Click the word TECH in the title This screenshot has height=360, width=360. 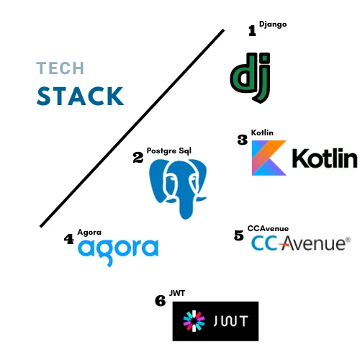click(60, 68)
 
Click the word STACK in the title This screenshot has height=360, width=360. click(80, 96)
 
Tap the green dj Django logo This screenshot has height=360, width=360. click(251, 78)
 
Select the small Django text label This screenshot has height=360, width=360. click(273, 24)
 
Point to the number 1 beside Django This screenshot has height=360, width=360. click(252, 31)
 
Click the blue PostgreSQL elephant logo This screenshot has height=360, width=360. click(178, 189)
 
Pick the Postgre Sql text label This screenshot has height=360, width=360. click(169, 151)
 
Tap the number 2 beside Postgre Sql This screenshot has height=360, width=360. click(138, 158)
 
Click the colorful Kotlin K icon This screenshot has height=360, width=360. click(269, 158)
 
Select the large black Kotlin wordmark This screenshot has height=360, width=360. click(325, 158)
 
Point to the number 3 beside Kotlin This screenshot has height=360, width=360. click(243, 140)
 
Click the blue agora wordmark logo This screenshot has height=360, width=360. click(118, 251)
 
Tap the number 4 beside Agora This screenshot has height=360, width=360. click(69, 239)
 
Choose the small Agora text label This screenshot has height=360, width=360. click(89, 233)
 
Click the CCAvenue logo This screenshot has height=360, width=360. click(301, 243)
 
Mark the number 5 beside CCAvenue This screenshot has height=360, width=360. click(239, 235)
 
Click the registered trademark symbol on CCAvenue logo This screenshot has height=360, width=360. click(348, 240)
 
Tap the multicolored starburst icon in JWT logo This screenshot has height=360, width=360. click(194, 321)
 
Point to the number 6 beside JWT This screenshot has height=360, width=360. click(161, 301)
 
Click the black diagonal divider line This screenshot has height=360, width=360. click(132, 128)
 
